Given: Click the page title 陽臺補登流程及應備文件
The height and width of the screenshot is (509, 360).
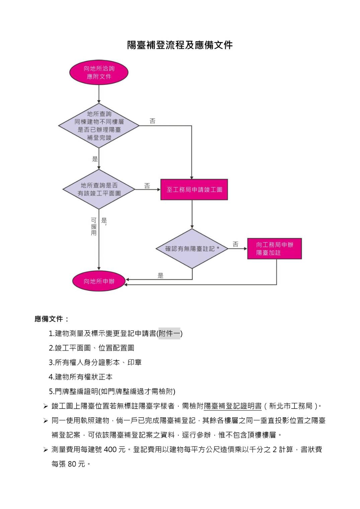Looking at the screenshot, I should coord(180,45).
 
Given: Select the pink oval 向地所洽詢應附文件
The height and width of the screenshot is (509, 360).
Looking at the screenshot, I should coord(99,73).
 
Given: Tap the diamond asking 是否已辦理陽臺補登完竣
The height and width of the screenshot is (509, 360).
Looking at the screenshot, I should coord(99,126).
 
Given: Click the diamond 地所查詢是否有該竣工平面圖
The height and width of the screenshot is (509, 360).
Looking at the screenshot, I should coord(99,189).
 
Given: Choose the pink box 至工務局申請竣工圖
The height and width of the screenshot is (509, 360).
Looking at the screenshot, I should coord(194,190).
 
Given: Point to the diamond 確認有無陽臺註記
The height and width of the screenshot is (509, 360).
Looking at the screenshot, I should coord(192,249).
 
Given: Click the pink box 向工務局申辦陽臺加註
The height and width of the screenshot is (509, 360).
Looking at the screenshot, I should coord(274,249).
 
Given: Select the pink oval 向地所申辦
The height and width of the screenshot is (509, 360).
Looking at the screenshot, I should coord(99,281).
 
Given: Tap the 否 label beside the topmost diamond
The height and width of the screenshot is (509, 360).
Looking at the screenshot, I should coord(153,121).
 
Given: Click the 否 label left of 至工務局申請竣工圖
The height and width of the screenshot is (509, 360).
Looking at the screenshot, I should coord(147,186).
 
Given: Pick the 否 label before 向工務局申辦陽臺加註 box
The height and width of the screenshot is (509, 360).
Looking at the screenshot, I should coord(236,244).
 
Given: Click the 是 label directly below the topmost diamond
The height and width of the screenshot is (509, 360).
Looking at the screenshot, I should coord(95,159).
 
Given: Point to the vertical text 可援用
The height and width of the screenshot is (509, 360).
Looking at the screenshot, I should coord(94,227).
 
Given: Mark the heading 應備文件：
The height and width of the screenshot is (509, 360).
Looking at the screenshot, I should coord(52,319).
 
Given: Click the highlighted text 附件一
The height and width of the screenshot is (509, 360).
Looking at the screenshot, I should coord(169,334).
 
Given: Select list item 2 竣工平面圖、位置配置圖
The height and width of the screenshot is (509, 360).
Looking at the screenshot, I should coord(91,348).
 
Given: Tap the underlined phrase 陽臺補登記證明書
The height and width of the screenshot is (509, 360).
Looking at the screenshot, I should coord(233,406).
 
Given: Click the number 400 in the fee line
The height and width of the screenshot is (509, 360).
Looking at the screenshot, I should coord(110,449).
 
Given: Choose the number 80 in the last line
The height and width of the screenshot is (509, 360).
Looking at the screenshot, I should coord(72,464).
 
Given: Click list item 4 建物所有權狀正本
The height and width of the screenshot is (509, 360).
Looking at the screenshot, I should coord(81,377).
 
